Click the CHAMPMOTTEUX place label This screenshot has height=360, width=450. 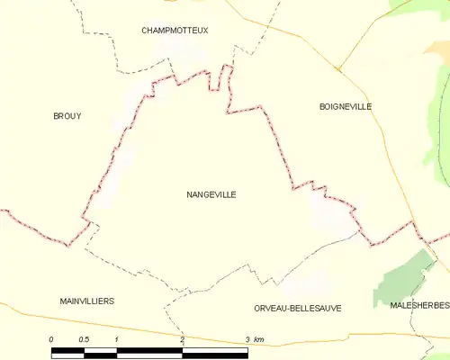(x=175, y=30)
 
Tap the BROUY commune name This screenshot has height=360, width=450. (x=67, y=115)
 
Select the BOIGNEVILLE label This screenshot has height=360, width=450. (x=346, y=106)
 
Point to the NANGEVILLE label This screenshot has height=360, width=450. (x=211, y=193)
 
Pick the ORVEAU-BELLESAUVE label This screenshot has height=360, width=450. (x=298, y=308)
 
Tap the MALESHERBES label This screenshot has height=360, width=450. (x=420, y=306)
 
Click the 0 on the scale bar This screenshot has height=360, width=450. (x=51, y=339)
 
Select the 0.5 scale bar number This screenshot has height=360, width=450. (x=84, y=339)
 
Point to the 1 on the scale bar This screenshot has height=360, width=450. (x=117, y=339)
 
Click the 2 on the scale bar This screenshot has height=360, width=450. (x=182, y=339)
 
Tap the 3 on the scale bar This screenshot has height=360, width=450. (x=247, y=339)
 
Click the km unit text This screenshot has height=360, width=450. (x=259, y=339)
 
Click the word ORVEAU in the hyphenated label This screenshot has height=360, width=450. (x=273, y=308)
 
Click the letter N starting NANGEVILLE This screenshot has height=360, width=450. (x=189, y=193)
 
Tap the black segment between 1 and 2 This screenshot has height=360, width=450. (x=149, y=351)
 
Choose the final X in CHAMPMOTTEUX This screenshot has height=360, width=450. (x=205, y=30)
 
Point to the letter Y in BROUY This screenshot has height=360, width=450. (x=78, y=115)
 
